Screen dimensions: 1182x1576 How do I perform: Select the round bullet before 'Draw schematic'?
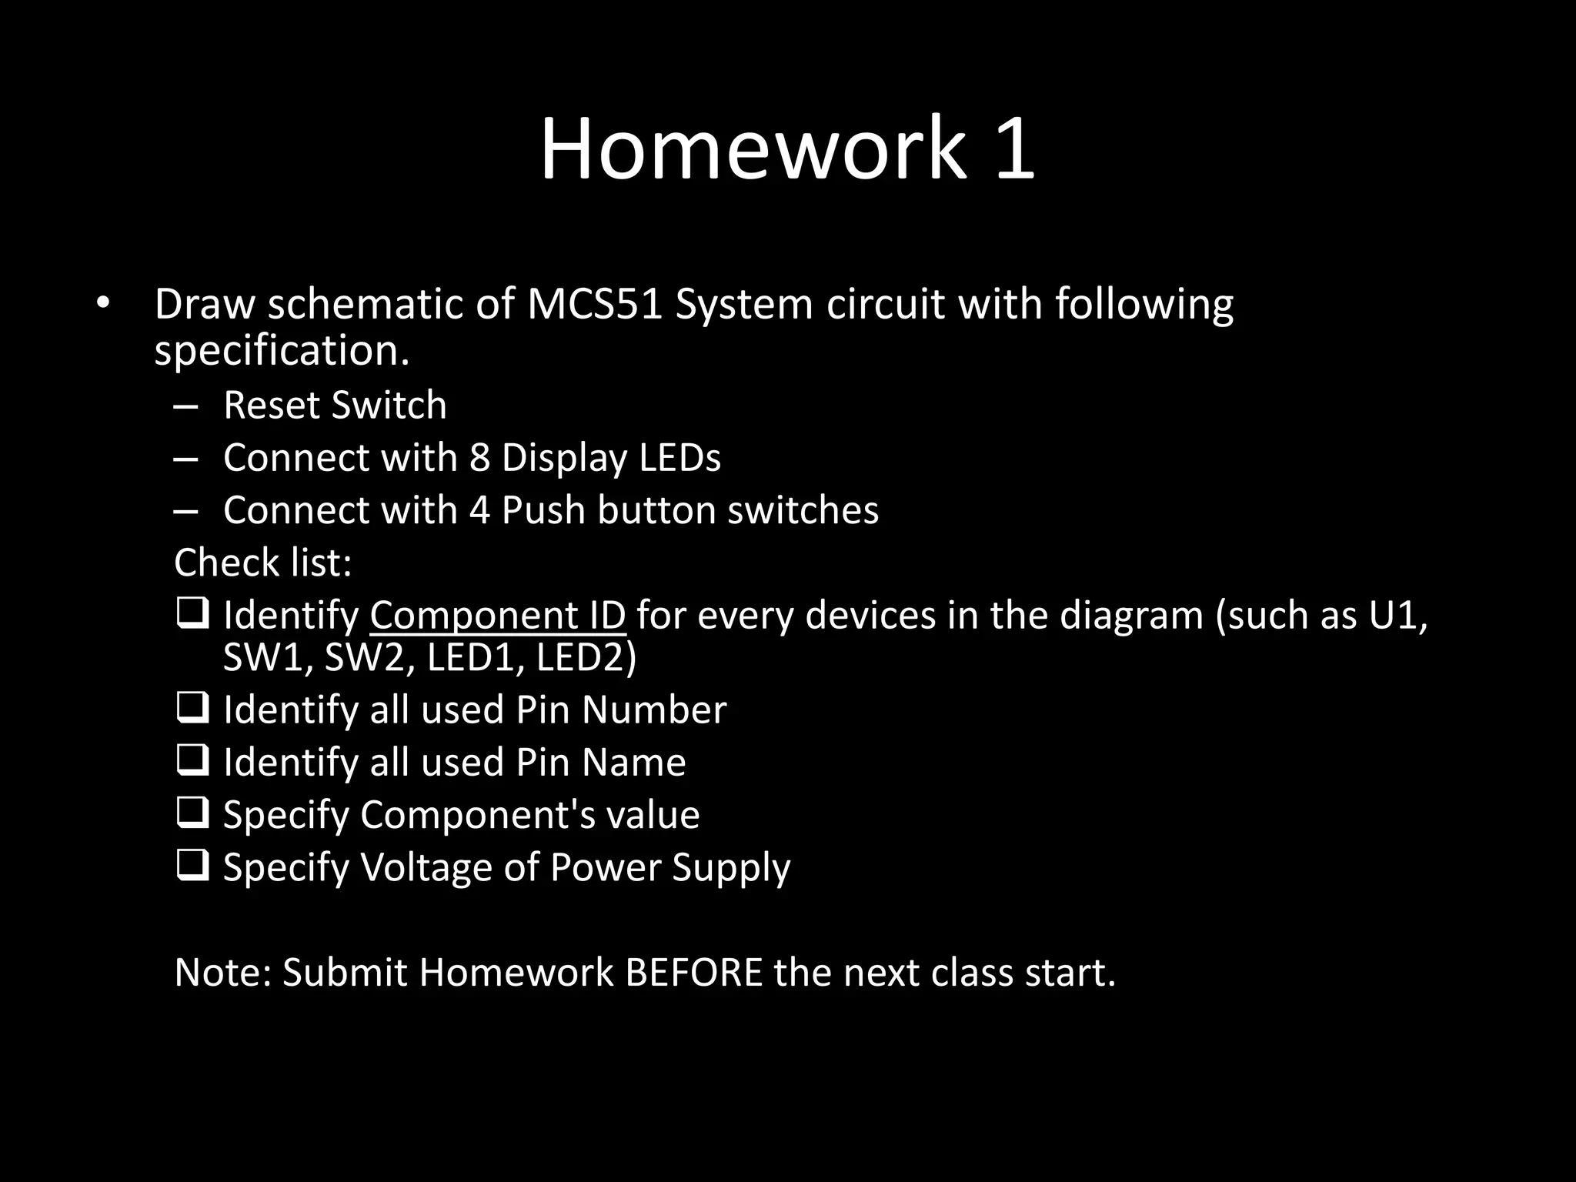103,302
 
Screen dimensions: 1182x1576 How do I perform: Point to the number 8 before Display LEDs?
479,458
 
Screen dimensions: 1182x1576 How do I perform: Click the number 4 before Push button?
479,510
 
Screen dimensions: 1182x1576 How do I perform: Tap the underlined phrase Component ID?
497,616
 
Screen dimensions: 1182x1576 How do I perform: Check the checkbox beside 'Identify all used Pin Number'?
192,708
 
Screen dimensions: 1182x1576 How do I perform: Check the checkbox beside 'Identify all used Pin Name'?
192,760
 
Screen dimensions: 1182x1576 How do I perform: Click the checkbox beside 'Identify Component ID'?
192,614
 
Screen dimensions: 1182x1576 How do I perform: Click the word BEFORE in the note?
693,973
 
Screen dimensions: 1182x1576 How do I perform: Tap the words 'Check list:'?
263,563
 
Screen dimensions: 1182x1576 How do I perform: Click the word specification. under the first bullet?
282,352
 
